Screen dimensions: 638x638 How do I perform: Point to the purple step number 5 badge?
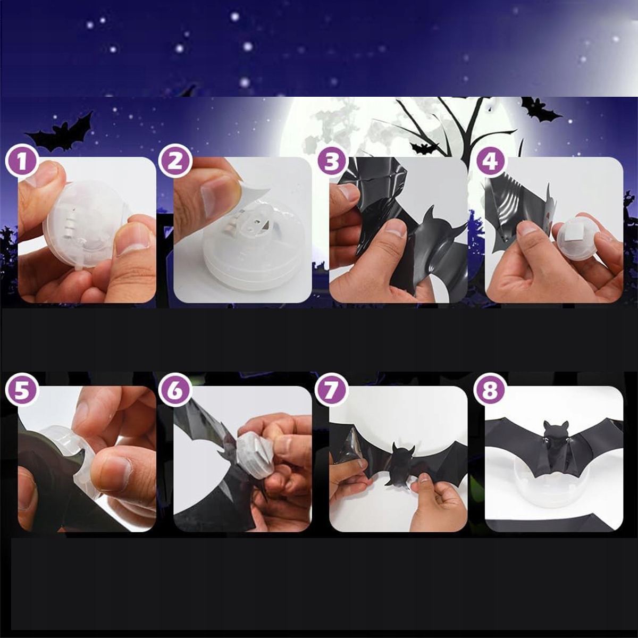22,390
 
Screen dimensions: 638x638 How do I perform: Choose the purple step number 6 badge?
175,390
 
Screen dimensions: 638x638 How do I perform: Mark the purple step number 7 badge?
331,390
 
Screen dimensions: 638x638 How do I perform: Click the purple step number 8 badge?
491,390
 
